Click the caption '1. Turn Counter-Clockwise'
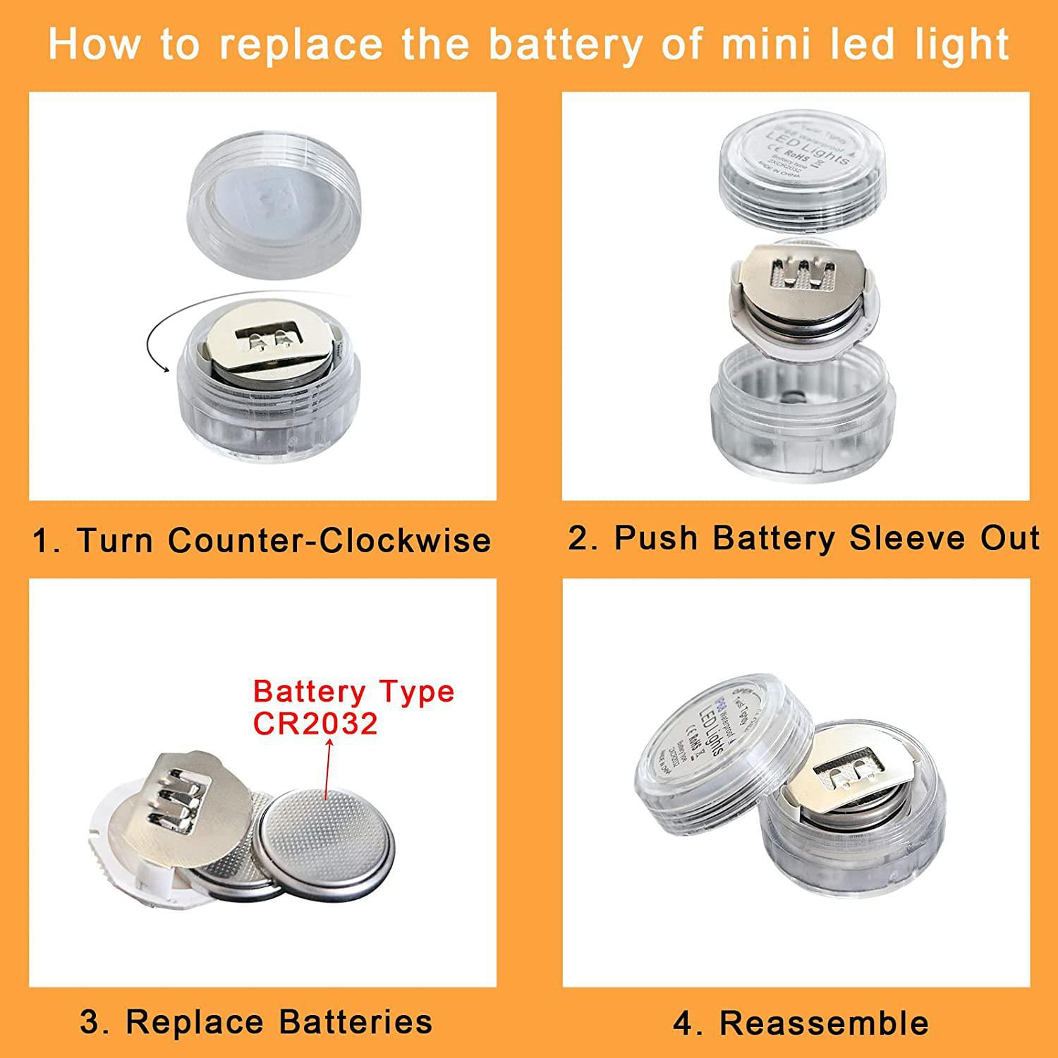coord(262,540)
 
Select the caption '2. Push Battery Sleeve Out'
coord(803,537)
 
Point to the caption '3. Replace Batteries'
coord(256,1021)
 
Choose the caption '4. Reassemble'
coord(801,1023)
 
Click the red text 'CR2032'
coord(315,724)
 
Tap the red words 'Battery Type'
coord(353,691)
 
